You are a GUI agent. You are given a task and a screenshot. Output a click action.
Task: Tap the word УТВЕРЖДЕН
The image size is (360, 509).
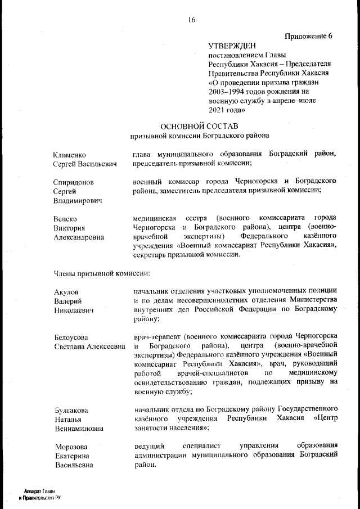tap(232, 46)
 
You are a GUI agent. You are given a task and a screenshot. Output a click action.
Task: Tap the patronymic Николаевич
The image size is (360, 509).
tap(76, 310)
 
